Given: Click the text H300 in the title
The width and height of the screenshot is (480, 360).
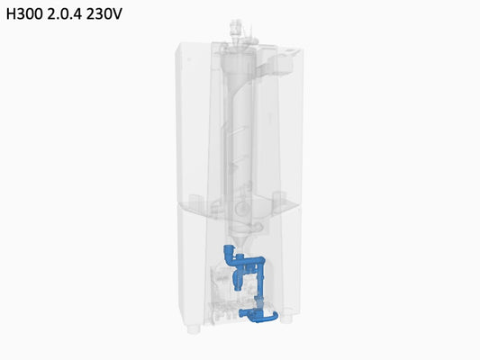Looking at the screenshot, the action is tap(24, 14).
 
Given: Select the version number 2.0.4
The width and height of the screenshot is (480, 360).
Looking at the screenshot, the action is tap(64, 14).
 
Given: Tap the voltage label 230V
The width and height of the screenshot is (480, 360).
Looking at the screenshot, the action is tap(104, 14).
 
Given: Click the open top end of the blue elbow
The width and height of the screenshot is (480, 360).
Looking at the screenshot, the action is tap(228, 247).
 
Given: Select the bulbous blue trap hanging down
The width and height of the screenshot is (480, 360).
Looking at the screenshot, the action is tap(238, 278).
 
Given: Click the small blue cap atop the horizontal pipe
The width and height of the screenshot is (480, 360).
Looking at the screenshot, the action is tap(241, 256).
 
